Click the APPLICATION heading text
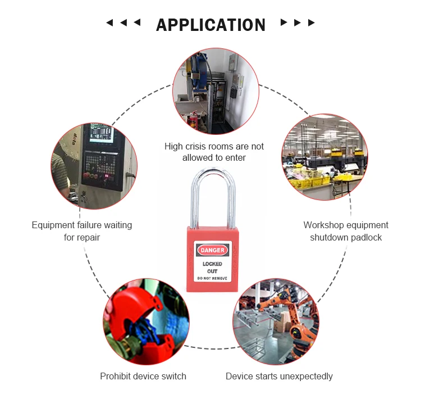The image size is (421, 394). click(x=210, y=25)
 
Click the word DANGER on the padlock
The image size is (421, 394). click(x=212, y=250)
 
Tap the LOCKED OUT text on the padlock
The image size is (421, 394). click(x=212, y=268)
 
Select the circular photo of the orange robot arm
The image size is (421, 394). click(x=276, y=320)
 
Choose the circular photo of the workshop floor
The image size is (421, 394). click(x=324, y=157)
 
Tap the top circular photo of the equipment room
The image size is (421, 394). click(x=215, y=90)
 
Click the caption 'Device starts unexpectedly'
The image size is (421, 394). click(x=279, y=376)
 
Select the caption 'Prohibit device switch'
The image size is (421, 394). click(x=143, y=376)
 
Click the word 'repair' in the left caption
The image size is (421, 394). click(x=88, y=237)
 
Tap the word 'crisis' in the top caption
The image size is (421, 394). click(x=199, y=146)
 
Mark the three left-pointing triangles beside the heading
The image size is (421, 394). click(x=123, y=23)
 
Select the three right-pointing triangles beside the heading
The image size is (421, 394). click(x=298, y=23)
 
